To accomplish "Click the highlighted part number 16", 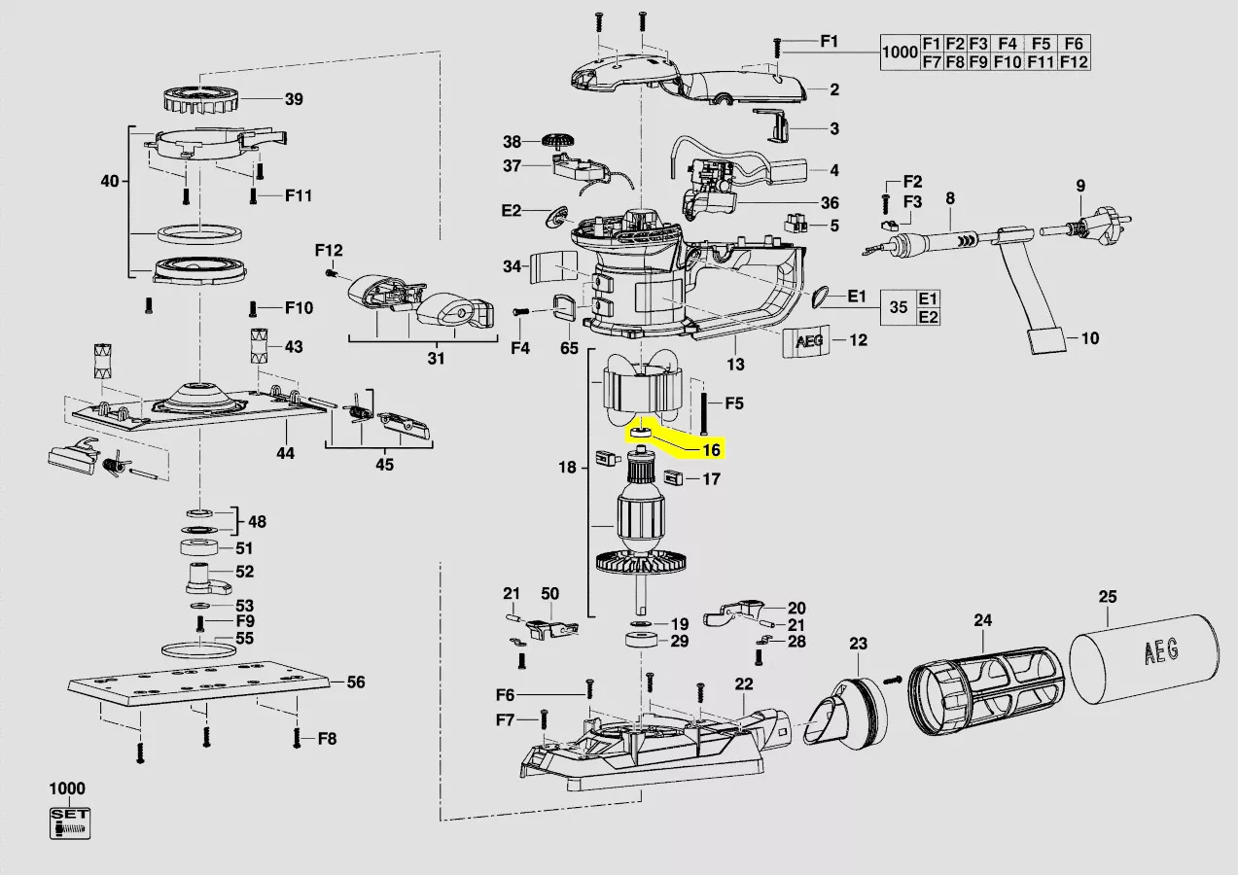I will (x=711, y=450).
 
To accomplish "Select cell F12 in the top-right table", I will (x=1074, y=61).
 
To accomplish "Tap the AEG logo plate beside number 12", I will (x=808, y=341).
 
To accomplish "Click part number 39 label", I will (x=294, y=99).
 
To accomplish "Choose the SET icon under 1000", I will (x=69, y=822).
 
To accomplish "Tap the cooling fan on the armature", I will (x=642, y=562).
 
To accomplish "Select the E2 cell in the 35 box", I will (x=929, y=318).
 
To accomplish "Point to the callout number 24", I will (x=982, y=619).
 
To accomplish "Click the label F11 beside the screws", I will (x=299, y=195).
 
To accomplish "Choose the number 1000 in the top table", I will (x=900, y=52).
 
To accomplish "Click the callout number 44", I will (x=285, y=452).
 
